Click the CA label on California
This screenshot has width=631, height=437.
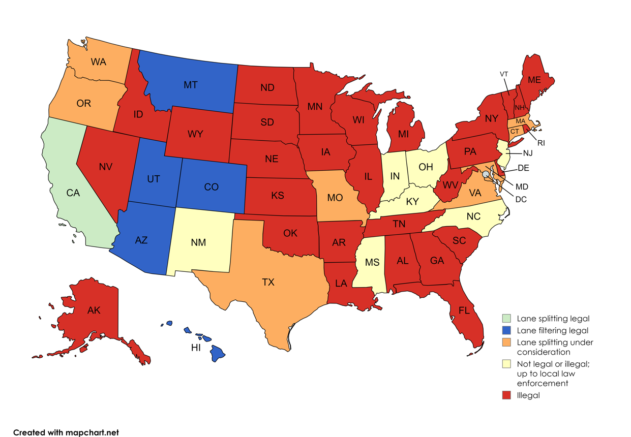coord(73,193)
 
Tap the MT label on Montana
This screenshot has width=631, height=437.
coord(191,85)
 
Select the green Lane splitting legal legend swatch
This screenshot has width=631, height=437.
coord(506,319)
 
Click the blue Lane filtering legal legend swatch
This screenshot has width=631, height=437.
coord(506,330)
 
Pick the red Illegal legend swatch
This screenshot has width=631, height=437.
coord(506,395)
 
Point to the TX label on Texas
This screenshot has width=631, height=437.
coord(268,282)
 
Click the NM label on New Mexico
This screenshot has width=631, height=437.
coord(199,242)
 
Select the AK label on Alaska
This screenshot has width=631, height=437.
coord(94,310)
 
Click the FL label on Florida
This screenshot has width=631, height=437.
coord(464,310)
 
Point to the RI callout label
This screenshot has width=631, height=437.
coord(540,143)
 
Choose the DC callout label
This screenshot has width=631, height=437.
coord(521,199)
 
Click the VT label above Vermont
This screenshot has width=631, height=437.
coord(504,74)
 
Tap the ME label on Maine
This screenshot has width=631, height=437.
coord(534,80)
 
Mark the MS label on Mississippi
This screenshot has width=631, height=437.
coord(372,262)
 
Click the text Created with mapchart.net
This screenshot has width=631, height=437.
coord(66,432)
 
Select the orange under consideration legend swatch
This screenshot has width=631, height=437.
coord(506,342)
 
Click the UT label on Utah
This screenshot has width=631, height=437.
coord(154,179)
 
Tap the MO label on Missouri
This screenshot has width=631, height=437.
coord(335,198)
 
